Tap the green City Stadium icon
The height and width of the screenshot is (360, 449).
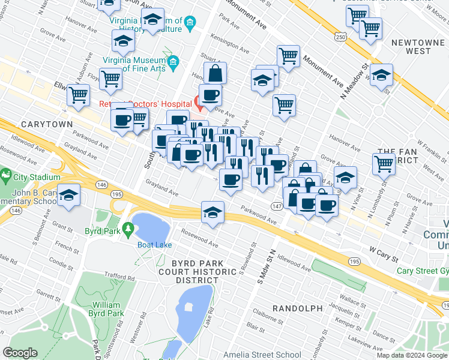[6, 177]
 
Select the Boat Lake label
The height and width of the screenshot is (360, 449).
[155, 245]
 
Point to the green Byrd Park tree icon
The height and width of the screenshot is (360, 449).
[128, 229]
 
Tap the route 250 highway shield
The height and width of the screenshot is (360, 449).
[340, 37]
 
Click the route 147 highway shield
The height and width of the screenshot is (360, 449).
[276, 206]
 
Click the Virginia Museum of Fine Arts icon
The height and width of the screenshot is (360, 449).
[174, 62]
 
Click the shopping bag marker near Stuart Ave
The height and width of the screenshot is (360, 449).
[215, 74]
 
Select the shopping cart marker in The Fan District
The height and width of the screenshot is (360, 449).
[384, 162]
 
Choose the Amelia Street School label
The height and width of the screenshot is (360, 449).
[262, 355]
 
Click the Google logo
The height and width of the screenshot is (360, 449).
[20, 353]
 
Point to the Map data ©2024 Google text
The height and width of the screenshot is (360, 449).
[411, 355]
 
